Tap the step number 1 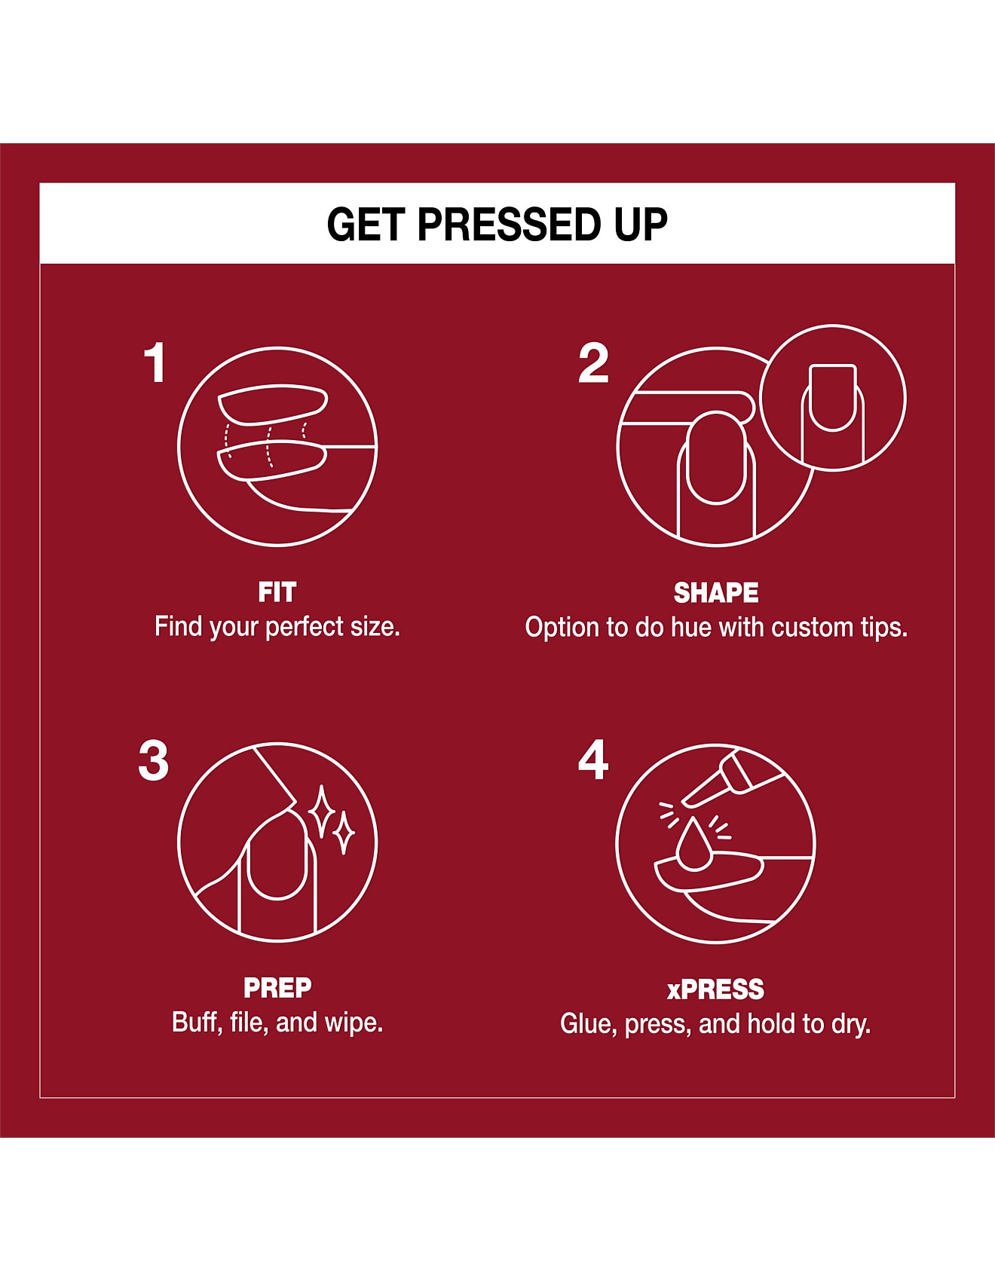tap(156, 362)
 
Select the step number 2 tap(593, 363)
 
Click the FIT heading tap(277, 592)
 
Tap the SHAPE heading tap(716, 593)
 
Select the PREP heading tap(277, 988)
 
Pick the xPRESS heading tap(715, 989)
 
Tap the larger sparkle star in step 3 tap(322, 812)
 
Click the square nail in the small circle tap(833, 397)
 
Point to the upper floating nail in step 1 tap(272, 404)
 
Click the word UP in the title tap(641, 225)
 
